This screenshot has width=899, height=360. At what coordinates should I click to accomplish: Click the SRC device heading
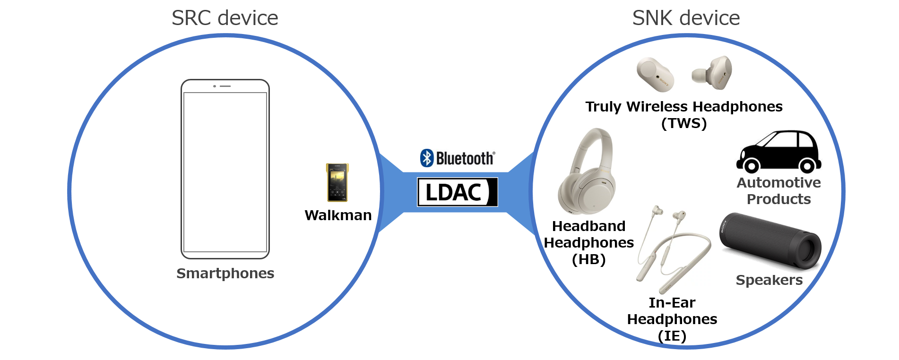pos(225,18)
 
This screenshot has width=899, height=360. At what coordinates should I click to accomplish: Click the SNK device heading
pos(686,18)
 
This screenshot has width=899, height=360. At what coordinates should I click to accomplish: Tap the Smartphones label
pos(225,274)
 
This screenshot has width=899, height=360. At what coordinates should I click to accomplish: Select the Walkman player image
pos(337,182)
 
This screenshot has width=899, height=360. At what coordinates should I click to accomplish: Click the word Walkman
pos(338,215)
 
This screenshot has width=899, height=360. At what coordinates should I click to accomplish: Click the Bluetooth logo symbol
pos(427,158)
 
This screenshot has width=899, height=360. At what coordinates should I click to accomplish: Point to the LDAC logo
pos(457,192)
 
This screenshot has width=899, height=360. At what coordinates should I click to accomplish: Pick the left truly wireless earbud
pos(655,74)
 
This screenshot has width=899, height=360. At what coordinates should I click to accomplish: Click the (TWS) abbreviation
pos(684,123)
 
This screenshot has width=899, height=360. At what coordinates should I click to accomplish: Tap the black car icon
pos(778,151)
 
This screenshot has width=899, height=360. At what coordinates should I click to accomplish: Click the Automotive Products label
pos(778,191)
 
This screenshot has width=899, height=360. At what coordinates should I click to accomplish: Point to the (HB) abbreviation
pos(588,259)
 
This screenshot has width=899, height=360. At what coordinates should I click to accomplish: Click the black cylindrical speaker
pos(770,241)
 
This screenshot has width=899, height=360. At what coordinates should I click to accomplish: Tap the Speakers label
pos(769,280)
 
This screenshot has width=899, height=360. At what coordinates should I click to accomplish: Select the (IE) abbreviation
pos(672,336)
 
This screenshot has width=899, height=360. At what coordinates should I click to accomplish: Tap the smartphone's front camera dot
pos(215,86)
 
